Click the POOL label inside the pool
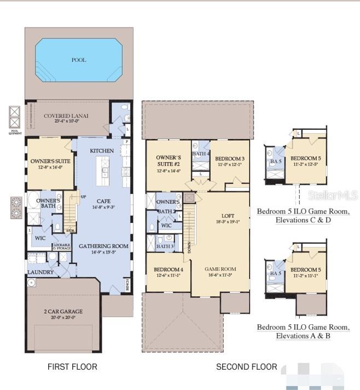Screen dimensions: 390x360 tap(79, 60)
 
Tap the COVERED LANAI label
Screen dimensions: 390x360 tap(66, 116)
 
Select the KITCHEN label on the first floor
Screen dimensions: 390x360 tap(102, 151)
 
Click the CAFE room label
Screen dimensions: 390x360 tap(103, 201)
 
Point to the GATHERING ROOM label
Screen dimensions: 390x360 tap(103, 246)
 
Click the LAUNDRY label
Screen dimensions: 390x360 tap(41, 272)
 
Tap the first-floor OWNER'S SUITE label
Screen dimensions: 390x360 tap(50, 162)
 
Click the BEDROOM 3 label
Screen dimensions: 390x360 tap(229, 158)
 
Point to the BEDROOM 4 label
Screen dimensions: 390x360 tap(169, 269)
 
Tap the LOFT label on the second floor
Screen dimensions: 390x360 tap(228, 216)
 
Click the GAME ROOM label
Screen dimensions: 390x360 tap(220, 269)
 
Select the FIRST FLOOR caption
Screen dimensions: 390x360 tap(72, 366)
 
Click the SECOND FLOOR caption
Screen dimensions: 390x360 tap(246, 366)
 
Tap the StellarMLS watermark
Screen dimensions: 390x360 tap(333, 195)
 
